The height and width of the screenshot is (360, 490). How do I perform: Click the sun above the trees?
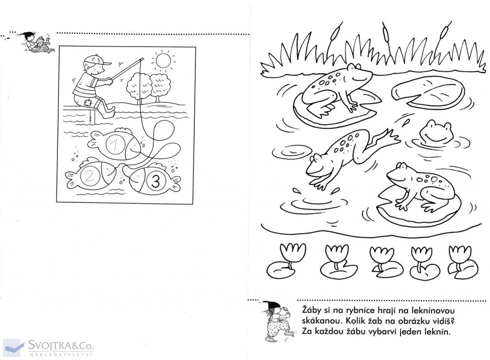coord(163,61)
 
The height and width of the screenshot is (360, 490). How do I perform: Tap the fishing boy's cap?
coord(96,60)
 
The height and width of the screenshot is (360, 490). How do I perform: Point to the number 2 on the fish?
coord(89,176)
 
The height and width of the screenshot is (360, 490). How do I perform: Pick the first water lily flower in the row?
coord(292,252)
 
